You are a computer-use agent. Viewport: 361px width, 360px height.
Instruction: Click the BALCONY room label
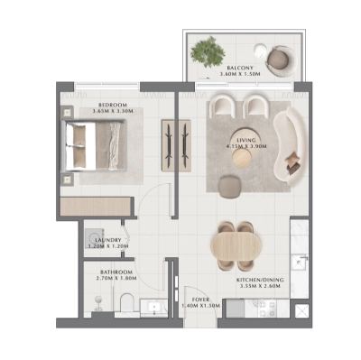239,67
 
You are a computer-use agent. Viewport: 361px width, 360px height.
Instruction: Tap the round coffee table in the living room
242,155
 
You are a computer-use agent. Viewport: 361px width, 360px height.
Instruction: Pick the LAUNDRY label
108,238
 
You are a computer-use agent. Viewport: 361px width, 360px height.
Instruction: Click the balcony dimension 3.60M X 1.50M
239,75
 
